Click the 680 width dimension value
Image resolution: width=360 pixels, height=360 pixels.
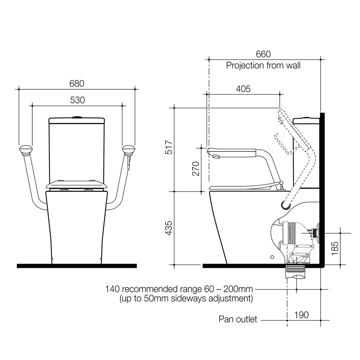[x=77, y=83]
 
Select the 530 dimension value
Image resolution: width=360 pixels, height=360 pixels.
[x=77, y=100]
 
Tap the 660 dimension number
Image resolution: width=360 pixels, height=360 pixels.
[x=263, y=54]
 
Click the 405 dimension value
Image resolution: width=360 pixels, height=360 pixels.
[x=243, y=89]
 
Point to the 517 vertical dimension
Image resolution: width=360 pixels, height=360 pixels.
[x=169, y=147]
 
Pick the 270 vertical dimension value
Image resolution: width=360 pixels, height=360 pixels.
[x=196, y=168]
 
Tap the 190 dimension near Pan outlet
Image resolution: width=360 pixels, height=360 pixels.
[x=301, y=315]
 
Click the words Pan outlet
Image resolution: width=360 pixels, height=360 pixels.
[x=238, y=319]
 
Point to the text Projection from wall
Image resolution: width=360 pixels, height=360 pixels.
[x=263, y=65]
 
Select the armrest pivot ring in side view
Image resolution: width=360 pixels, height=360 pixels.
[x=285, y=205]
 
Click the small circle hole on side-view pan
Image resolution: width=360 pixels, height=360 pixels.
[x=272, y=257]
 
